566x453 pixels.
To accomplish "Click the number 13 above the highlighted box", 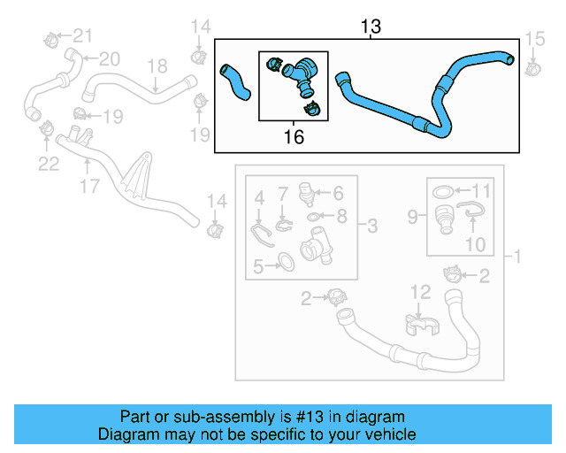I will pyautogui.click(x=371, y=27).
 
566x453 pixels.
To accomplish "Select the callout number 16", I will pyautogui.click(x=293, y=136).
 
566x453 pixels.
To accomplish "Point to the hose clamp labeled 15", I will pyautogui.click(x=532, y=66).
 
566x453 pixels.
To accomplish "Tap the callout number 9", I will pyautogui.click(x=412, y=215).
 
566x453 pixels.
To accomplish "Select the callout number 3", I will pyautogui.click(x=372, y=227).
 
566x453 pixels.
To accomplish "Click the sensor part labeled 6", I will pyautogui.click(x=307, y=192).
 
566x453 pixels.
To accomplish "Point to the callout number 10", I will pyautogui.click(x=476, y=242).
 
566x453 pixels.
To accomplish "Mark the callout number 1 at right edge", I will pyautogui.click(x=517, y=257).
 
